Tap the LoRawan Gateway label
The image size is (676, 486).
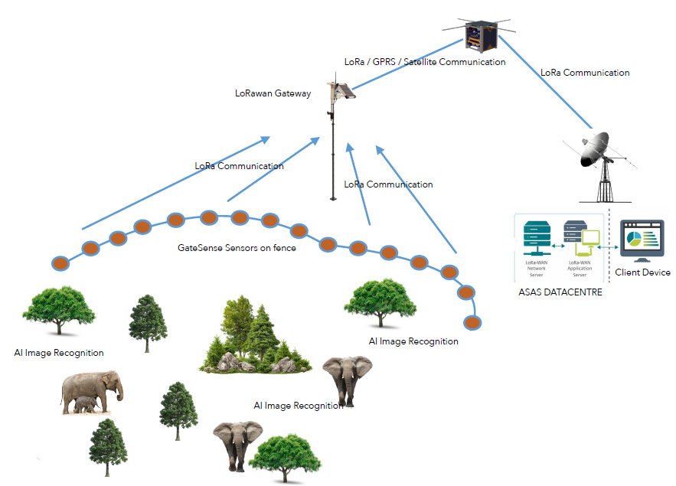[273, 93]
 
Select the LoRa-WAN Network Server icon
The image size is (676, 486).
[536, 237]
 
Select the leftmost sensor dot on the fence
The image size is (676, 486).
[60, 263]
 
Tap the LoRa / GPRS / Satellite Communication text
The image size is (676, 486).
[424, 62]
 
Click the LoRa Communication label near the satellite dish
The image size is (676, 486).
[585, 73]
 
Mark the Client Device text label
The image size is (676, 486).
[642, 272]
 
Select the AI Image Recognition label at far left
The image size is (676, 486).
[59, 353]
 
